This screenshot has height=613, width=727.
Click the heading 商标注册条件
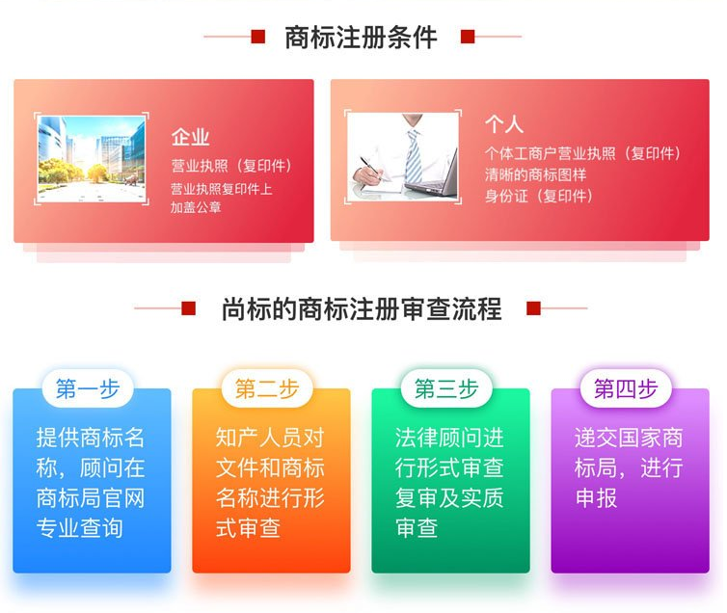pyautogui.click(x=361, y=37)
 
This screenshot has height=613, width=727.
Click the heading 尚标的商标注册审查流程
pyautogui.click(x=362, y=308)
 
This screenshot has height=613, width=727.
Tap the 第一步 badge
pyautogui.click(x=88, y=388)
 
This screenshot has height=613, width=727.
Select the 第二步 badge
pyautogui.click(x=267, y=388)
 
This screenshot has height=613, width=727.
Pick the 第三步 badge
pyautogui.click(x=446, y=388)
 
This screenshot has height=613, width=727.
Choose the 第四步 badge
pyautogui.click(x=626, y=388)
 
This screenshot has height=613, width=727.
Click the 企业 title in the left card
pyautogui.click(x=190, y=137)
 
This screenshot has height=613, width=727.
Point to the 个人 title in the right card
pyautogui.click(x=504, y=123)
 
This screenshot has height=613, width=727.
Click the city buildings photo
pyautogui.click(x=92, y=158)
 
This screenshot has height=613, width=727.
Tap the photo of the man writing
pyautogui.click(x=403, y=157)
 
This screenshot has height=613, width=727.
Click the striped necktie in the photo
pyautogui.click(x=414, y=157)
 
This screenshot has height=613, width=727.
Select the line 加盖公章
pyautogui.click(x=196, y=207)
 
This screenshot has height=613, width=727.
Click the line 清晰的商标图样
pyautogui.click(x=535, y=174)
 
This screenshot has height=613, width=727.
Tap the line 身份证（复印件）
pyautogui.click(x=539, y=196)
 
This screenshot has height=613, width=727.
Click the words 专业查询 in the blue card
pyautogui.click(x=80, y=528)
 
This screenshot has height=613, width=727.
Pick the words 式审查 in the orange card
pyautogui.click(x=248, y=528)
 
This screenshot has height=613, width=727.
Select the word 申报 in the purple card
pyautogui.click(x=596, y=498)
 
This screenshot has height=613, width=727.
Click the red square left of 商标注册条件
pyautogui.click(x=257, y=37)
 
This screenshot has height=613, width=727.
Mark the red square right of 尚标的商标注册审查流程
pyautogui.click(x=533, y=308)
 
